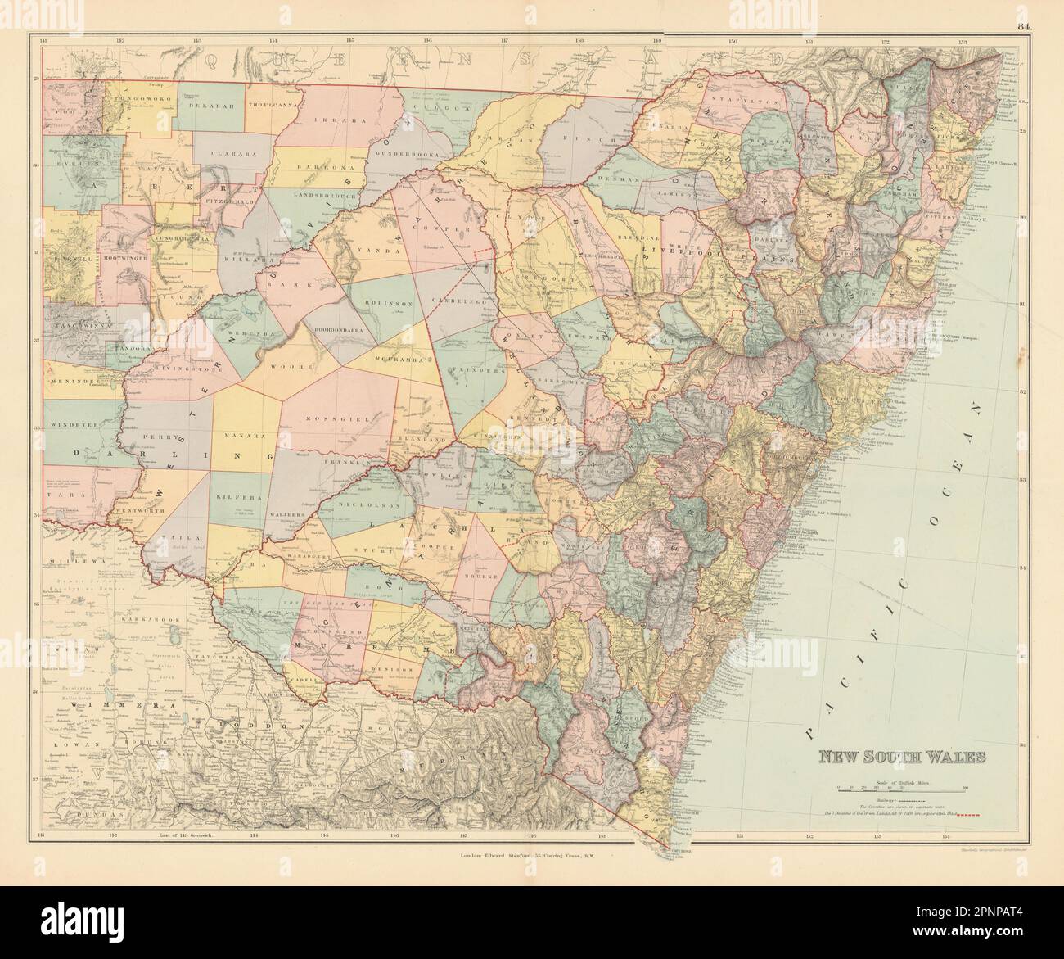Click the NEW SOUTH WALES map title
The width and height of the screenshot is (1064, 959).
898,757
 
